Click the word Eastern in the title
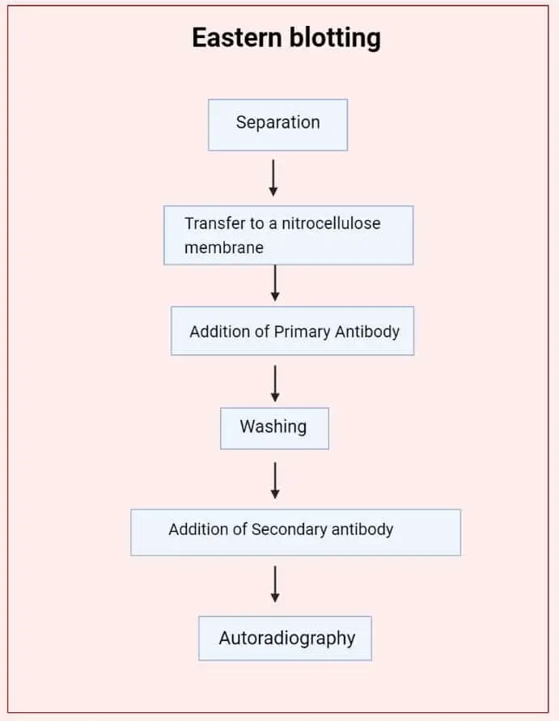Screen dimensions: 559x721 click(237, 37)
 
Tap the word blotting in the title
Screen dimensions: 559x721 click(335, 38)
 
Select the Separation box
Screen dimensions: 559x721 click(277, 125)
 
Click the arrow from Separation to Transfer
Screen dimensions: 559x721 click(273, 178)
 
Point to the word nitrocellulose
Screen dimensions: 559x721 click(331, 223)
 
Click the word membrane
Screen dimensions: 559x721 click(224, 248)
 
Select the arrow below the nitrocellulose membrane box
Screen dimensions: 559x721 click(275, 283)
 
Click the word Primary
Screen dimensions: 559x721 click(302, 332)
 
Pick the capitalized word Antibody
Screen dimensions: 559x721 click(367, 332)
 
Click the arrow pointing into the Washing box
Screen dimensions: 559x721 click(275, 384)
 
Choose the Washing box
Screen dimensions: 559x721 click(274, 428)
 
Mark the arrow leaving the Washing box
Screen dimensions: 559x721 click(275, 481)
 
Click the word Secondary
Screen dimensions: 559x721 click(289, 529)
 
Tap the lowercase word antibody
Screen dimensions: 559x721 click(362, 529)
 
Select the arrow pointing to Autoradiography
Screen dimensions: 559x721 click(275, 584)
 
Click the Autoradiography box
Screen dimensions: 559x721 click(285, 638)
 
